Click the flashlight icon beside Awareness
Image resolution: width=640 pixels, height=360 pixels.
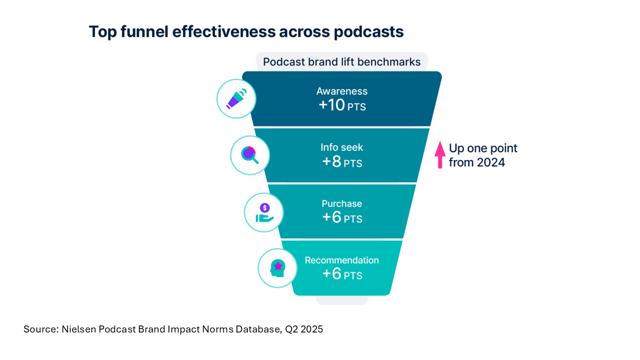coord(236,98)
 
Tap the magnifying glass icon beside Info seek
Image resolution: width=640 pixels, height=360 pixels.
coord(250,155)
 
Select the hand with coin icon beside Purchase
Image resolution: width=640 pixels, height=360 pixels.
coord(264,212)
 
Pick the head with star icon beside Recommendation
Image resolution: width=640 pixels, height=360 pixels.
coord(277,268)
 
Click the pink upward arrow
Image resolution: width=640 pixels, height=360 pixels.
coord(440,154)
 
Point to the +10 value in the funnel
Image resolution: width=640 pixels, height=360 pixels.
coord(332,105)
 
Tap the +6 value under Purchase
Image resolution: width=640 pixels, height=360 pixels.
coord(332,217)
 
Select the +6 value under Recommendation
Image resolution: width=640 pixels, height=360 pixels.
coord(332,274)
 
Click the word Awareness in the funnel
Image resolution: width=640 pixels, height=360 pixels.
coord(342,91)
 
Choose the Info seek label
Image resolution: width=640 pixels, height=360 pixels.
coord(342,147)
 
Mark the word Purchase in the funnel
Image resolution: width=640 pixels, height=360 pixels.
coord(342,203)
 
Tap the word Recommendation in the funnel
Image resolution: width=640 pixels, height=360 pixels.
coord(342,260)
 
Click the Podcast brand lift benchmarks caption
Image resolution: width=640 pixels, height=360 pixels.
coord(342,62)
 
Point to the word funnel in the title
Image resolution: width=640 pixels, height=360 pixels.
coord(144,31)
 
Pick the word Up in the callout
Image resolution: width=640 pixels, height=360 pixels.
coord(456,148)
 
